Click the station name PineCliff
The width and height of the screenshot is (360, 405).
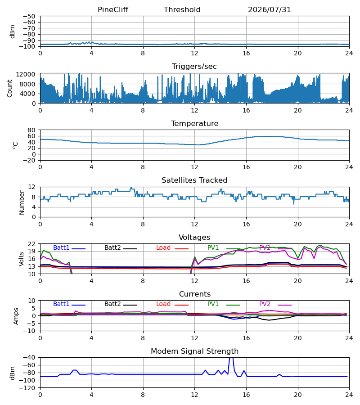[x=113, y=9]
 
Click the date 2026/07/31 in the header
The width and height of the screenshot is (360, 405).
[x=270, y=9]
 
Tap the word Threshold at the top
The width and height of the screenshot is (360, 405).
[x=182, y=9]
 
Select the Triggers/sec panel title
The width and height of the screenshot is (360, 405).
[x=194, y=67]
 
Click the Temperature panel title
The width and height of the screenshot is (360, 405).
[x=194, y=123]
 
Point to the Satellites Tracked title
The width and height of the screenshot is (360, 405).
[x=194, y=180]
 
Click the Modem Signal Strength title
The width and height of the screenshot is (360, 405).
[x=194, y=351]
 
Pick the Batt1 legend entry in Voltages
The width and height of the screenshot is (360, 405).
[x=69, y=247]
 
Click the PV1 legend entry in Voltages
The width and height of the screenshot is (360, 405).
[x=224, y=247]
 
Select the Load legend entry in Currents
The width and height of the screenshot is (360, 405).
[x=172, y=304]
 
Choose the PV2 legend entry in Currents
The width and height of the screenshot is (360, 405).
[x=275, y=304]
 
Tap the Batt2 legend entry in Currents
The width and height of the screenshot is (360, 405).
[x=121, y=304]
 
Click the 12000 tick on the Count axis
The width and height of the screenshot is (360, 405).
[x=26, y=74]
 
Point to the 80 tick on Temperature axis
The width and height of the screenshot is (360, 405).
[x=31, y=130]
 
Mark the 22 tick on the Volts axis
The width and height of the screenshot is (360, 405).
[x=31, y=244]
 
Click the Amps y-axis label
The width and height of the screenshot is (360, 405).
[x=16, y=316]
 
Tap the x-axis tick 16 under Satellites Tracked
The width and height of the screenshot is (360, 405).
[x=246, y=224]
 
